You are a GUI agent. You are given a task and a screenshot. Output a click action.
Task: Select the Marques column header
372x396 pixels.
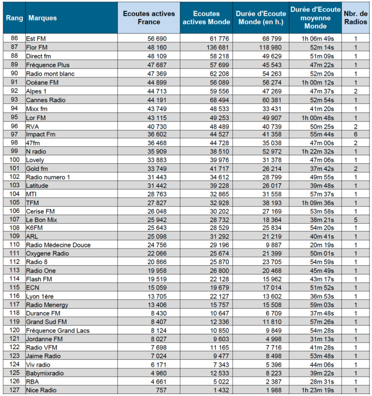tap(42, 18)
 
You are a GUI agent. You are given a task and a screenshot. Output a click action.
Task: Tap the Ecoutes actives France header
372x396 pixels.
tap(149, 18)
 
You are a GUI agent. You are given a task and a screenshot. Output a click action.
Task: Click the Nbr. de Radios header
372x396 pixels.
tap(356, 18)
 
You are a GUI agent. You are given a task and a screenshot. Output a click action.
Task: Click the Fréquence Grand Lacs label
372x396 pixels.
tap(58, 330)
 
